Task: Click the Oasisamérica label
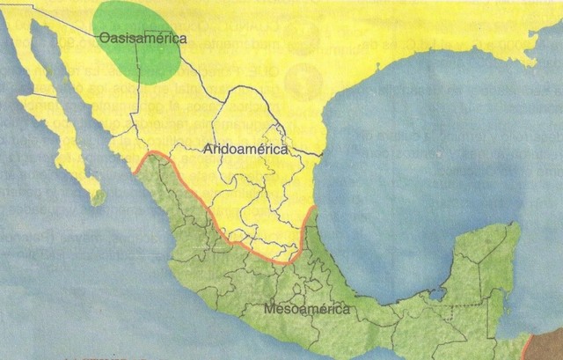click(143, 38)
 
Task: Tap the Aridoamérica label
click(245, 150)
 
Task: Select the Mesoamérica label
click(306, 309)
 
